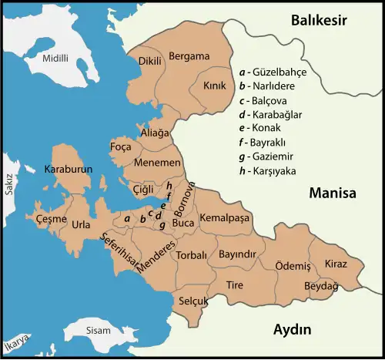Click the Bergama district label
[x=189, y=56]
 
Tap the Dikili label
[x=150, y=61]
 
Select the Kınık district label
[x=214, y=86]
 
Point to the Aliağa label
[x=155, y=133]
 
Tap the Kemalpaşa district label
[x=226, y=219]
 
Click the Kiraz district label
[x=336, y=264]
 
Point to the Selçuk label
[x=192, y=301]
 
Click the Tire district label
[x=234, y=284]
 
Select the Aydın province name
[x=293, y=330]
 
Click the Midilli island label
[x=55, y=58]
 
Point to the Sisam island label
[x=99, y=330]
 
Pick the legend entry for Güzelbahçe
[x=273, y=72]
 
